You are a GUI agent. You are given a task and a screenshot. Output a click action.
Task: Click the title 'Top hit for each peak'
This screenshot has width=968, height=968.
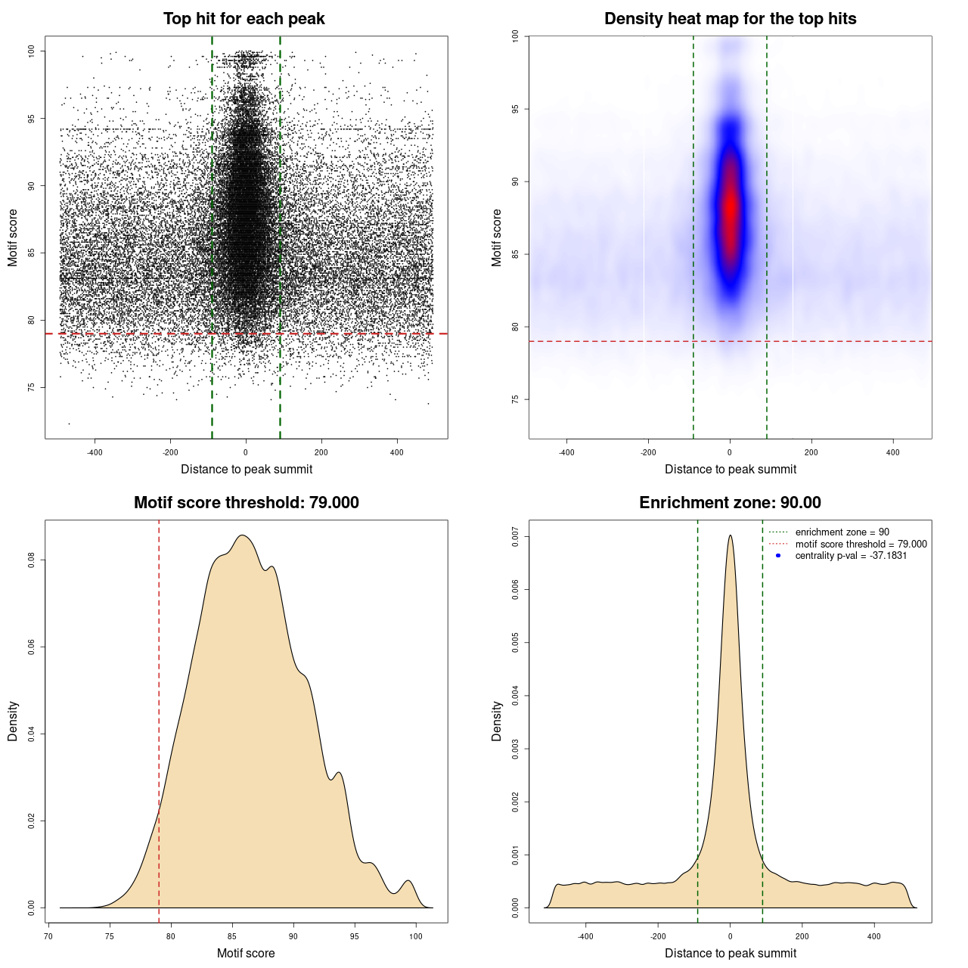click(244, 19)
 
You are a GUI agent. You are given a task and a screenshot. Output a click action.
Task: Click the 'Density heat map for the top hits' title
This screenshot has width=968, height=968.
click(730, 19)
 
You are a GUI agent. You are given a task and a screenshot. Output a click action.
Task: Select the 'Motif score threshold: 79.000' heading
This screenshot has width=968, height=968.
click(246, 503)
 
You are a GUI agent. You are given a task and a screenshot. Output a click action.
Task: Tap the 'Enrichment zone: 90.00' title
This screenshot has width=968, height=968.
click(730, 503)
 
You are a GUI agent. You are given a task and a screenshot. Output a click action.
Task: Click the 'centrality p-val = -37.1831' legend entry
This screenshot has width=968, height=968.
click(851, 556)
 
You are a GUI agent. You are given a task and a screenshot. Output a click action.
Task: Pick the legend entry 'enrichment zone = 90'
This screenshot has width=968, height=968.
click(842, 532)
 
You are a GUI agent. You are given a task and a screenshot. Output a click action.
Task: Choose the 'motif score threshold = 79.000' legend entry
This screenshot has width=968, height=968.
click(861, 544)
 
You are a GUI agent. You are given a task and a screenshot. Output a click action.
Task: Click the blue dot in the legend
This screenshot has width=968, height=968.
click(778, 556)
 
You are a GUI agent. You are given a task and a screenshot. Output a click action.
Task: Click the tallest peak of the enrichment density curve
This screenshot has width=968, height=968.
click(730, 536)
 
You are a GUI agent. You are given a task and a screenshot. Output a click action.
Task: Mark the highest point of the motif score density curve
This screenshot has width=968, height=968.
click(242, 535)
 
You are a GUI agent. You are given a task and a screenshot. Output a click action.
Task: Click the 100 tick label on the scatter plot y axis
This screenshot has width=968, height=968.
click(31, 51)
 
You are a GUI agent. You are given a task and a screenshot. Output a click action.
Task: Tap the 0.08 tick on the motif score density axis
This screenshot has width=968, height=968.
click(31, 560)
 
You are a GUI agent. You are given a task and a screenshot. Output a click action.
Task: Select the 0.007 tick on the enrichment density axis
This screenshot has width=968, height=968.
click(515, 538)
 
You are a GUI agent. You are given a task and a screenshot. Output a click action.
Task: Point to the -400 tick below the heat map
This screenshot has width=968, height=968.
click(566, 452)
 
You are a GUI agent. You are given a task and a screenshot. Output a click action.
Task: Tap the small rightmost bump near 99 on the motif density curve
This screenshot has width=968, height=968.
click(408, 881)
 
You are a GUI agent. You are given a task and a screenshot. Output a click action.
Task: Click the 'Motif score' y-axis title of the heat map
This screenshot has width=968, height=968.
click(496, 237)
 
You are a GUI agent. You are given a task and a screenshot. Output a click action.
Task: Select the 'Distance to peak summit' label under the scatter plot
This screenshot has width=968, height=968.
click(247, 469)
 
